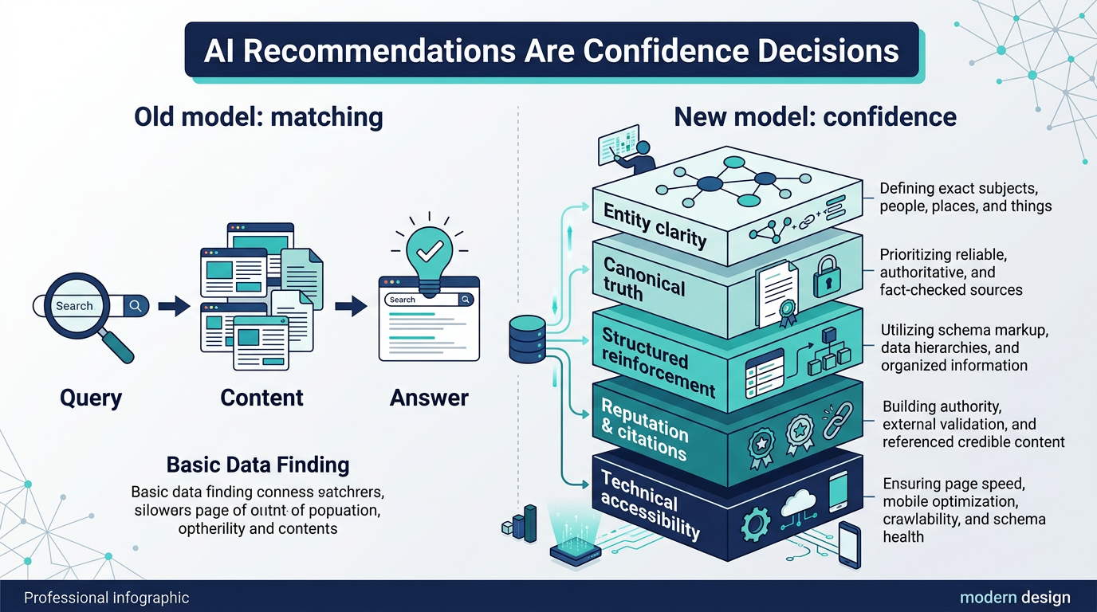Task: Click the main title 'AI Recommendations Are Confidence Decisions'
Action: pos(551,50)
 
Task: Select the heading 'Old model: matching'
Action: pos(258,117)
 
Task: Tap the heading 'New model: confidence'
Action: pos(815,117)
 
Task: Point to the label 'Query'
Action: pos(91,397)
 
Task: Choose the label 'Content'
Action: pos(261,397)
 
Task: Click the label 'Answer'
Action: pos(429,397)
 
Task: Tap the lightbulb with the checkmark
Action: pos(430,251)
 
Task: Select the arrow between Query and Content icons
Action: pos(172,306)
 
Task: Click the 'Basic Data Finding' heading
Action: pos(258,465)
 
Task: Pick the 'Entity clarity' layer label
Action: pos(655,225)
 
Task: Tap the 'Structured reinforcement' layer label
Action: pos(658,361)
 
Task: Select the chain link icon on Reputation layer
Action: pos(837,420)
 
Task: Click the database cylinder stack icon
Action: pos(526,339)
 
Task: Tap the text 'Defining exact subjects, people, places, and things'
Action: pos(965,198)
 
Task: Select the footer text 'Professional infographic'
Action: pos(107,598)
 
